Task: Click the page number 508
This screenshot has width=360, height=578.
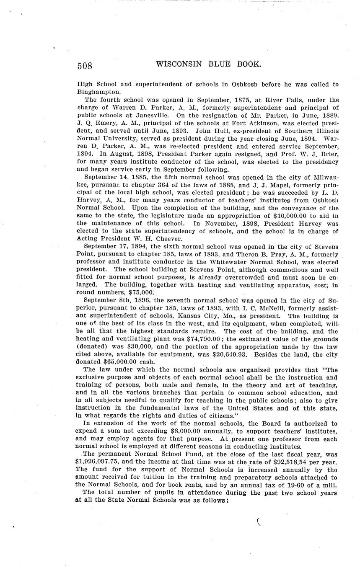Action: point(84,66)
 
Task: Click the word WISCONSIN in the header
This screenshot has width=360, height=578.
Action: point(179,64)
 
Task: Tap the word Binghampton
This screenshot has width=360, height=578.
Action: point(99,91)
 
